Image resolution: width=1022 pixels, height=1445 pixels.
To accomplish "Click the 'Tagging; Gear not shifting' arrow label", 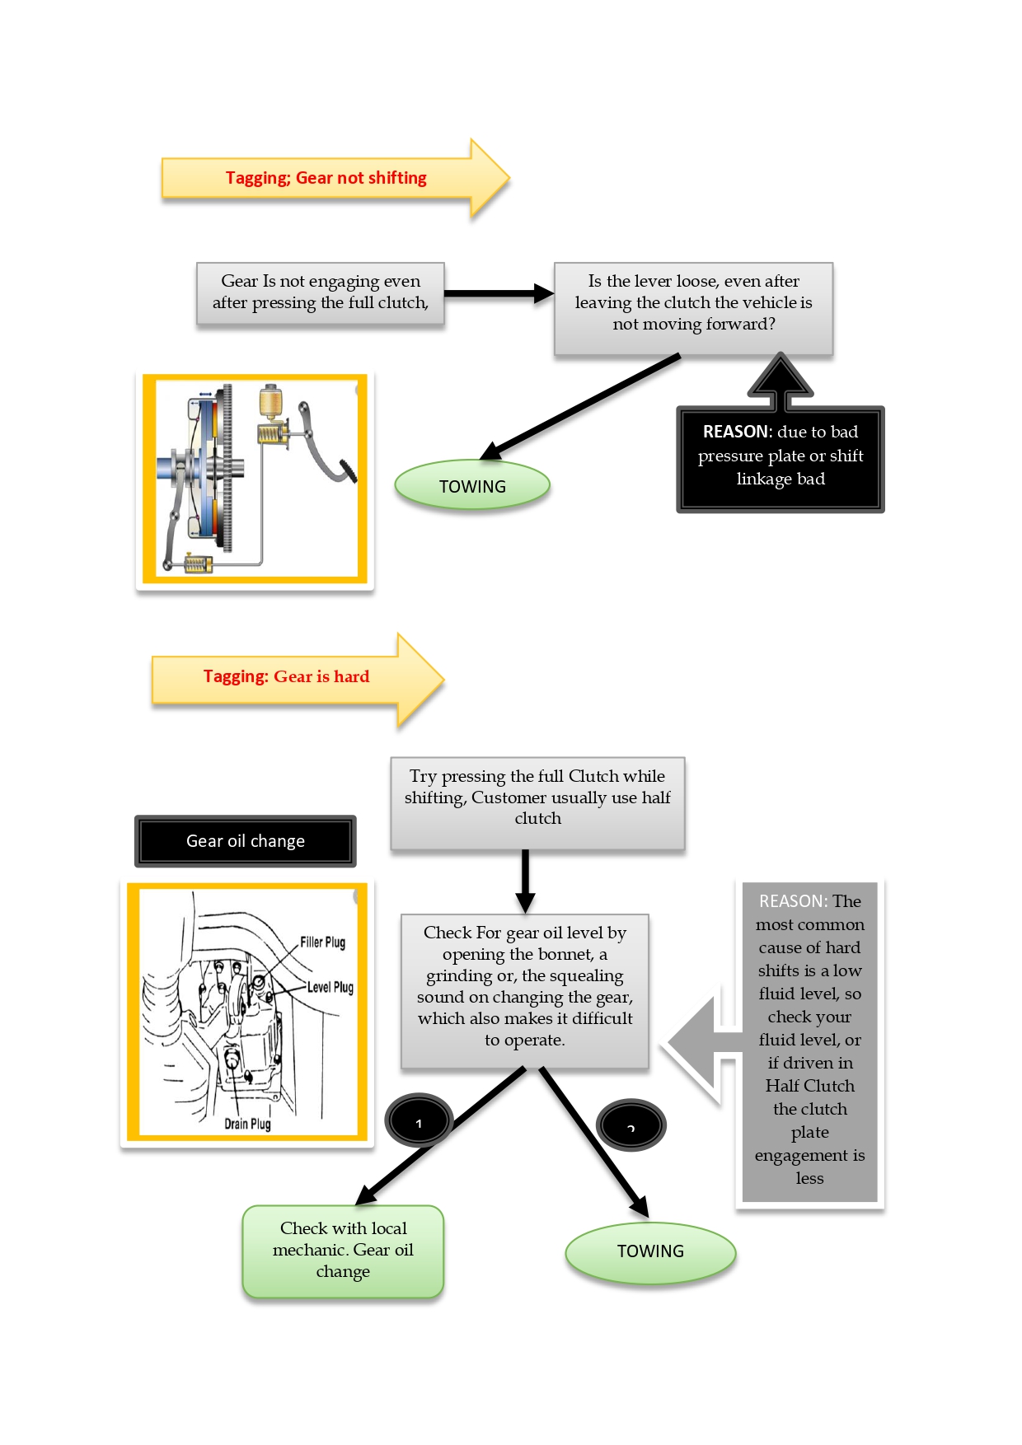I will [x=326, y=178].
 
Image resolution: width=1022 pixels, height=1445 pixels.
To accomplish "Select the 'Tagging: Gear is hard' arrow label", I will [x=286, y=677].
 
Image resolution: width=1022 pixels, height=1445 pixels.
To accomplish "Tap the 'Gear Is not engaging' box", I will [x=321, y=292].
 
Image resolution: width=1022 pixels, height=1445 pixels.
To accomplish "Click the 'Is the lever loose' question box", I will [x=693, y=303].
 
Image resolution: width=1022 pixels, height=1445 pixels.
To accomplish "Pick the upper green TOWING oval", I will [x=472, y=486].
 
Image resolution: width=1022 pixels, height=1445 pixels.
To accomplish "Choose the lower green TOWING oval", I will [x=650, y=1251].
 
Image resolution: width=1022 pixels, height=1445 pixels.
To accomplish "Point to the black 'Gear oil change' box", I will [x=246, y=841].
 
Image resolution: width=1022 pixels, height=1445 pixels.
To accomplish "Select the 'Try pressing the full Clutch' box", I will [x=537, y=797].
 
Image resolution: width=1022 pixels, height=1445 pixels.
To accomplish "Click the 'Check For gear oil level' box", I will [x=525, y=987].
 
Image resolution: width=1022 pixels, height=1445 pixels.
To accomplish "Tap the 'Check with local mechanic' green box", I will [x=343, y=1251].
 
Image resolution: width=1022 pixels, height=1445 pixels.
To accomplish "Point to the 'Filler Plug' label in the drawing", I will [x=322, y=942].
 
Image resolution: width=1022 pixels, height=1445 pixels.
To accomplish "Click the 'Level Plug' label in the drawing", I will [x=330, y=987].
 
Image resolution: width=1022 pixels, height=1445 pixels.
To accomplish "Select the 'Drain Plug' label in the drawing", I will [x=247, y=1124].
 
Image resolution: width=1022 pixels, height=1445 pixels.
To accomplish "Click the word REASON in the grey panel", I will [x=791, y=901].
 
